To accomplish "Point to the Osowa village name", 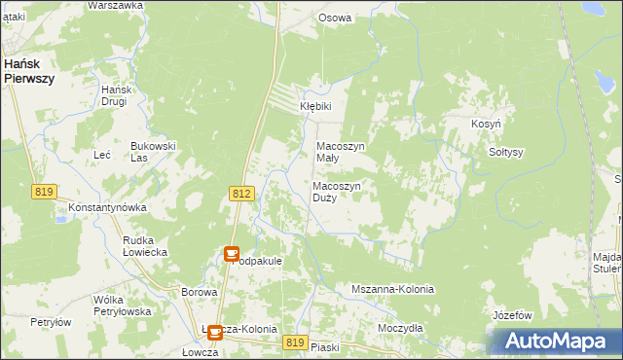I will pos(335,18).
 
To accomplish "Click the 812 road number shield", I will pos(242,195).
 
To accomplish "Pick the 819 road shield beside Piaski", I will pos(297,342).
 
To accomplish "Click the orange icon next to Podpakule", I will pos(232,254).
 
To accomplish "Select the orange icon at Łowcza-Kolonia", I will pos(214,332).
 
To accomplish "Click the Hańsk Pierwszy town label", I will pos(28,71).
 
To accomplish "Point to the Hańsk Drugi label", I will pos(116,95).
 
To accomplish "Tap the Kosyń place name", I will pos(486,125).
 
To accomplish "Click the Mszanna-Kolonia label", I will pos(392,290).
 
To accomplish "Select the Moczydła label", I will pos(400,328).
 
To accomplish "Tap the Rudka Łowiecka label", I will pos(145,245).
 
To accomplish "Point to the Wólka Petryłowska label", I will pos(121,306).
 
